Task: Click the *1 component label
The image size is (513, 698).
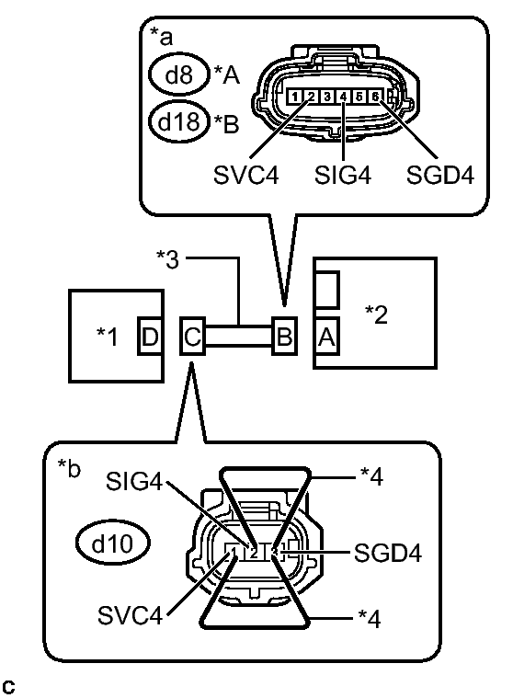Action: tap(108, 337)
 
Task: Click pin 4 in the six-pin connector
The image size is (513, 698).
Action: tap(342, 96)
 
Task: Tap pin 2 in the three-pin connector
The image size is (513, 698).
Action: tap(253, 553)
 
